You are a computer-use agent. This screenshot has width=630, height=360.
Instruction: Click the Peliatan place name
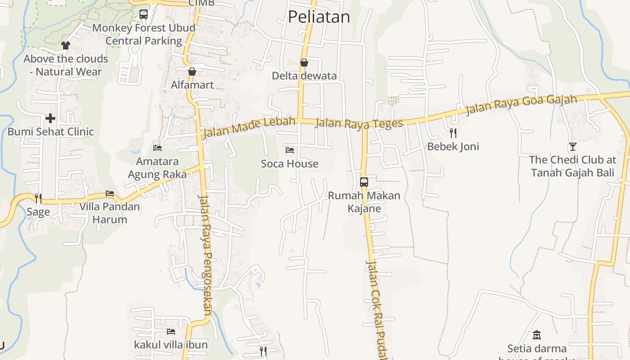pyautogui.click(x=319, y=17)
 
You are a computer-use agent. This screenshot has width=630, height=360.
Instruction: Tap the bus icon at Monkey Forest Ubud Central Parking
pyautogui.click(x=144, y=14)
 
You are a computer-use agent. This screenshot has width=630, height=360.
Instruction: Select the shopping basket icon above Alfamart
pyautogui.click(x=192, y=72)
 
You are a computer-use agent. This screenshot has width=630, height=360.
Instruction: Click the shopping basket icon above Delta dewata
pyautogui.click(x=304, y=63)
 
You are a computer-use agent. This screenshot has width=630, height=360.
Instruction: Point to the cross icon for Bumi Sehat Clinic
pyautogui.click(x=50, y=118)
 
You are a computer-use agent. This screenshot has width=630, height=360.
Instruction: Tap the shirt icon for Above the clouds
pyautogui.click(x=66, y=45)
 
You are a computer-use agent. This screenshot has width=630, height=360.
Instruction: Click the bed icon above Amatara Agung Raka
pyautogui.click(x=157, y=148)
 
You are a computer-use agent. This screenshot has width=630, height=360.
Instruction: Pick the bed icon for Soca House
pyautogui.click(x=290, y=150)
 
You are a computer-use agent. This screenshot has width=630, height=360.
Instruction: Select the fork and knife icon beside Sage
pyautogui.click(x=38, y=198)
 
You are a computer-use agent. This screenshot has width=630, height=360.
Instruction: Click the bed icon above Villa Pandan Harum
pyautogui.click(x=110, y=194)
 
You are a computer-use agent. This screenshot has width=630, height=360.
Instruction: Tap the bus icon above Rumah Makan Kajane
pyautogui.click(x=364, y=182)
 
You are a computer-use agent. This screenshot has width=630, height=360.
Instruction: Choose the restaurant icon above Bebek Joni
pyautogui.click(x=453, y=133)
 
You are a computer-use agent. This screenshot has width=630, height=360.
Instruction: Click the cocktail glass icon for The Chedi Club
pyautogui.click(x=572, y=146)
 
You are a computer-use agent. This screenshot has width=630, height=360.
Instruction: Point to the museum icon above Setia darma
pyautogui.click(x=537, y=335)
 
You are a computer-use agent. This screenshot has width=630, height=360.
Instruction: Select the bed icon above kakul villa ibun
pyautogui.click(x=171, y=332)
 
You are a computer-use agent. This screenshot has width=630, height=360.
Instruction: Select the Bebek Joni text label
pyautogui.click(x=453, y=147)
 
